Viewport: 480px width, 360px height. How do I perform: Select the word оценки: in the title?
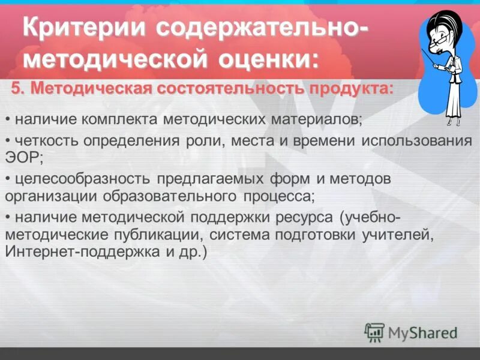pos(271,61)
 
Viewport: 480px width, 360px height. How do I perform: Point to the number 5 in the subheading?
pos(16,89)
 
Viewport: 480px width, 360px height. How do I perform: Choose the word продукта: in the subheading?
pos(352,89)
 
